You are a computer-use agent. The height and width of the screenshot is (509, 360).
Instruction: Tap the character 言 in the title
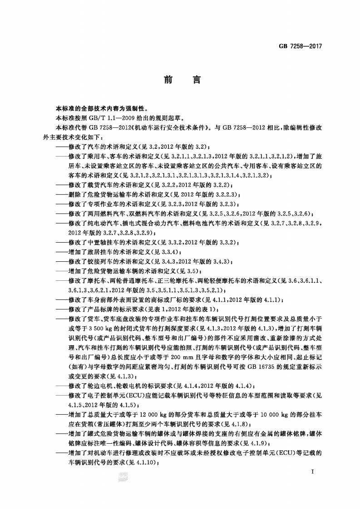(196, 80)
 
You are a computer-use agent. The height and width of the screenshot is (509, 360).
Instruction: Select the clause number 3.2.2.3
(219, 193)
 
